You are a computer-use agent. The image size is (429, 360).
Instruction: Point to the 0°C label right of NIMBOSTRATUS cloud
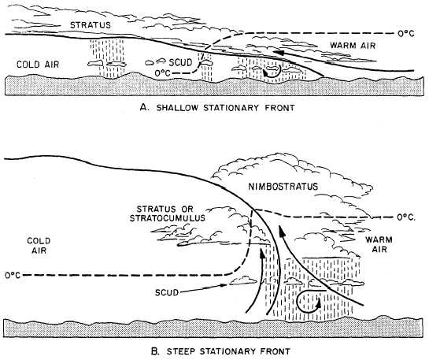(x=406, y=216)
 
